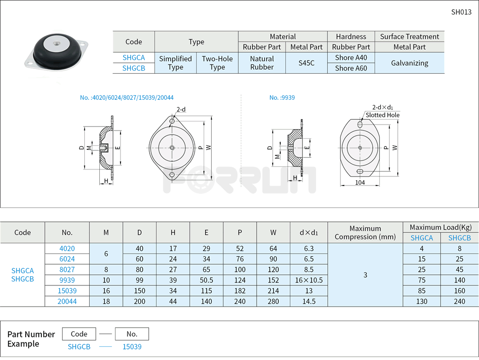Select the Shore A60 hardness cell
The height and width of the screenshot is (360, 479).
point(351,68)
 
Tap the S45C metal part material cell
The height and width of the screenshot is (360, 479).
point(306,63)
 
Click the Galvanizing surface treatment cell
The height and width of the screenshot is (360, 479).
point(409,63)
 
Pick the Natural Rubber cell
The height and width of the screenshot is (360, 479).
point(262,63)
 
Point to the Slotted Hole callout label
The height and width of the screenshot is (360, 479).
point(382,115)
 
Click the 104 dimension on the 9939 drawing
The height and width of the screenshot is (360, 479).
point(360,183)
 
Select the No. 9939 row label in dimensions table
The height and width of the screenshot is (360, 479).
point(67,280)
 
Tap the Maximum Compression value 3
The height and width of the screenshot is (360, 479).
point(365,275)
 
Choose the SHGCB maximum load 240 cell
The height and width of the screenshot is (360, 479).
point(459,301)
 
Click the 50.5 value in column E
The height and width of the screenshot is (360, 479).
point(206,280)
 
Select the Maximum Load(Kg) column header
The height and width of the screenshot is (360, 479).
point(440,227)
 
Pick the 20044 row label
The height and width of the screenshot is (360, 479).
point(67,301)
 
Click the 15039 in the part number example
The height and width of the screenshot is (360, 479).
point(132,347)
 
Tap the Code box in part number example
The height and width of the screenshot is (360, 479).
point(79,334)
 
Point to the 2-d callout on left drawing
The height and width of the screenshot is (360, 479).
point(181,109)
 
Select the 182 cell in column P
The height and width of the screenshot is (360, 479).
point(239,290)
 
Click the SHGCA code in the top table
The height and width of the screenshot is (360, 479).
point(134,57)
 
